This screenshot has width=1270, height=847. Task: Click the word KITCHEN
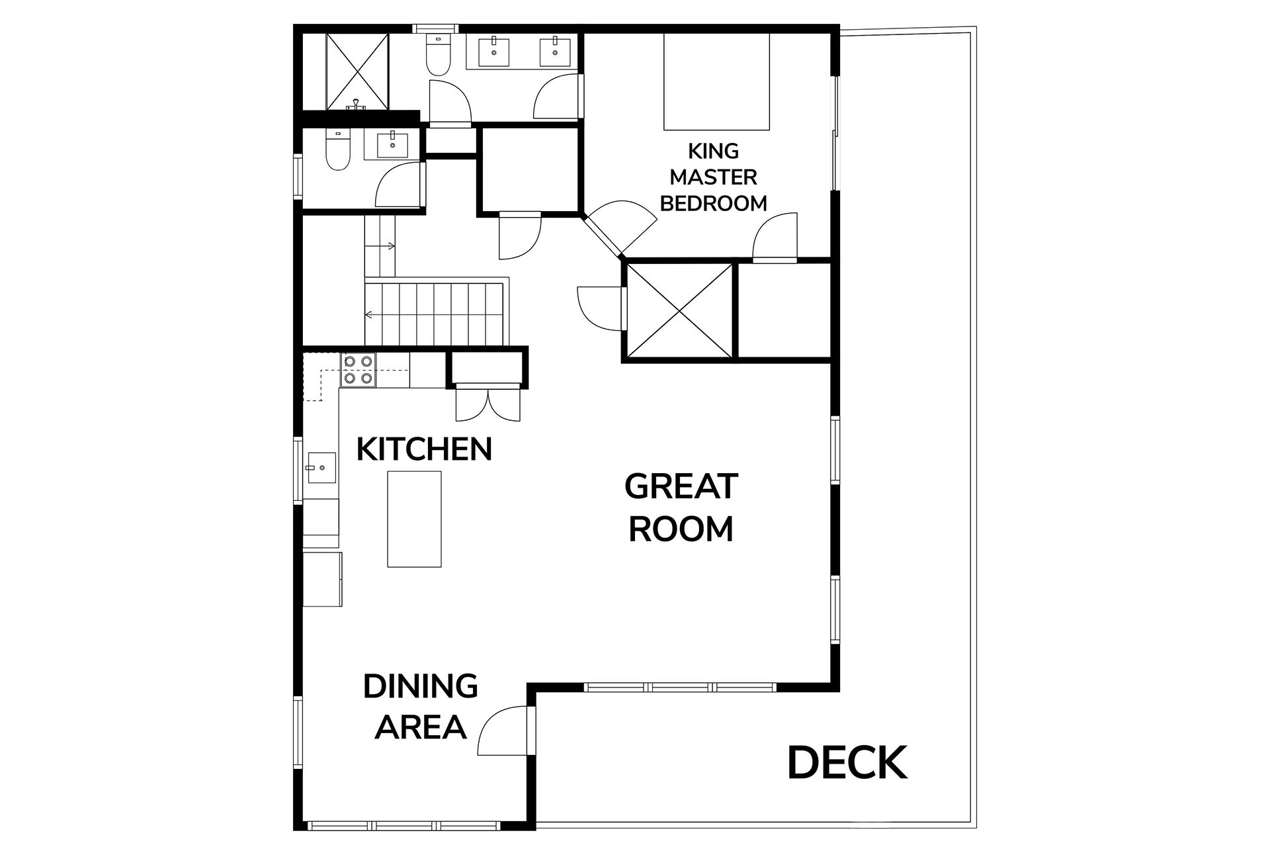pos(424,449)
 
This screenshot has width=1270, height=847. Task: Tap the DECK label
pos(847,762)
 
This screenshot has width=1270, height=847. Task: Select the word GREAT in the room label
pos(681,486)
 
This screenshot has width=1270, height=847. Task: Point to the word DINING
pos(421,686)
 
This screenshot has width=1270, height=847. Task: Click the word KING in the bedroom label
pos(713,151)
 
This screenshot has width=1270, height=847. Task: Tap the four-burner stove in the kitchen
pos(358,370)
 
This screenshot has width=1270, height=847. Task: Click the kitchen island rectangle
pos(414,519)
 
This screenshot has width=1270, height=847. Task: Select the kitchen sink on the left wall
pos(321,468)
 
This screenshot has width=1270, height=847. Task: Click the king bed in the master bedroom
pos(716,81)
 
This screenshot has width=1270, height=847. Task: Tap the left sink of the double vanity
pos(493,52)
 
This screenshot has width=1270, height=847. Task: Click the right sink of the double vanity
pos(555,52)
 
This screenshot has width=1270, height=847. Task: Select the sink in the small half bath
pos(392,144)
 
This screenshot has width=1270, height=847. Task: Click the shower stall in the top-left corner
pos(358,71)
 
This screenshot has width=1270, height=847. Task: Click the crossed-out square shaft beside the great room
pos(679,311)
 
